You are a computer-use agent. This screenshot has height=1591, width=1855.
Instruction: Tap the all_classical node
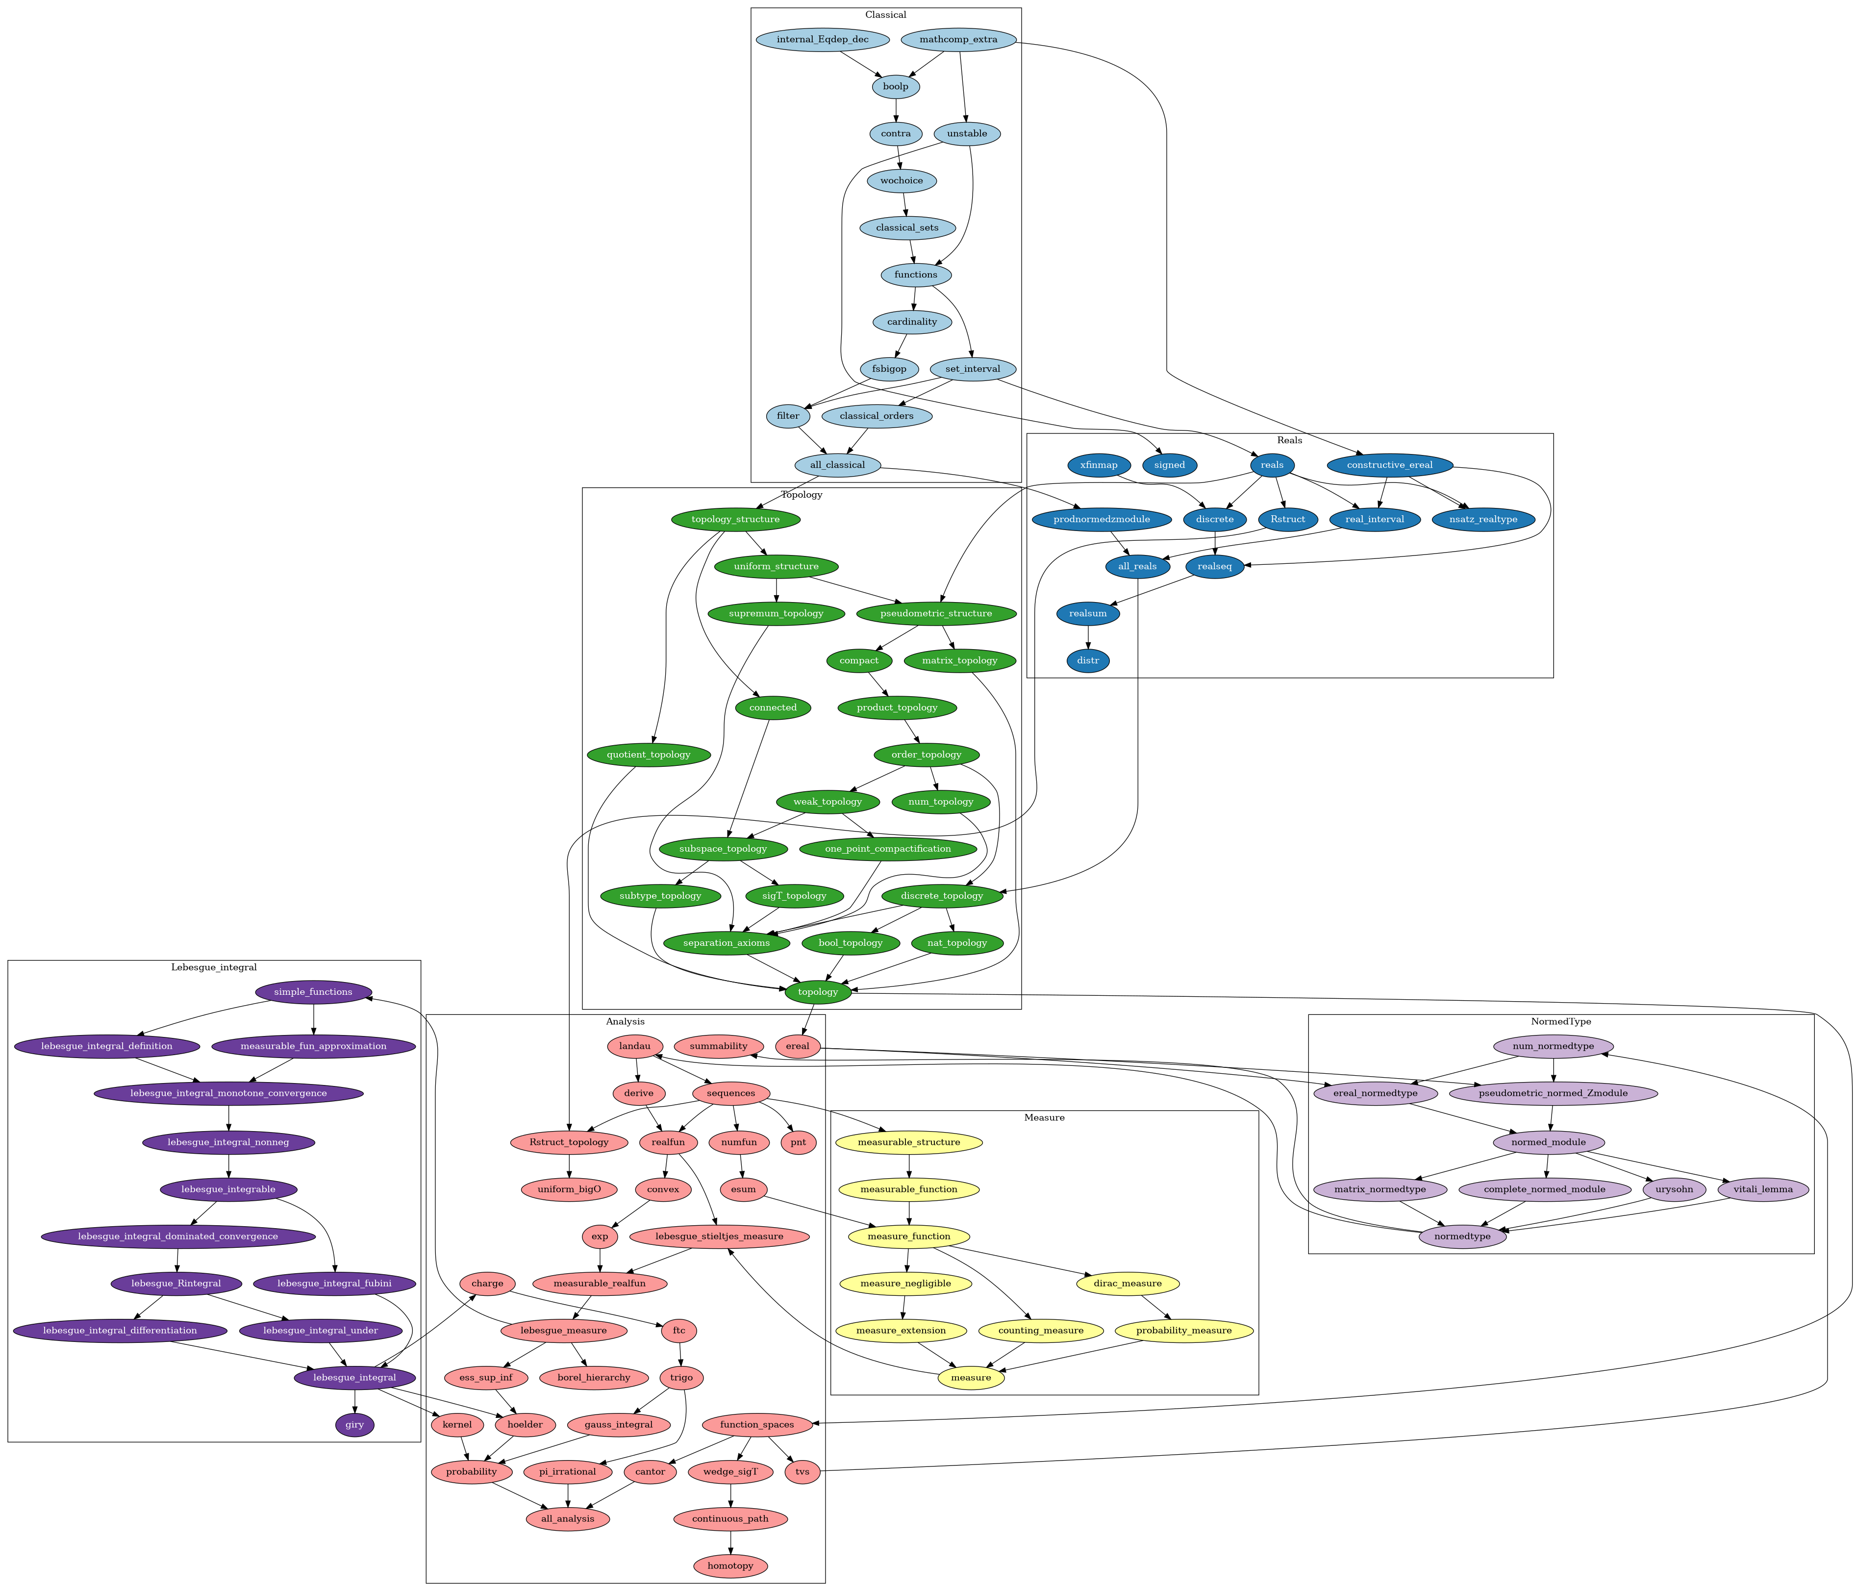click(x=837, y=465)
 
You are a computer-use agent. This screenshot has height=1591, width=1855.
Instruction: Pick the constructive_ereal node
click(x=1389, y=465)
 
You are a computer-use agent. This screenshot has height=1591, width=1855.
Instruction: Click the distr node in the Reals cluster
click(x=1088, y=661)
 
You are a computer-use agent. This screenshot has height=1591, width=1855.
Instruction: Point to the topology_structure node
click(x=735, y=519)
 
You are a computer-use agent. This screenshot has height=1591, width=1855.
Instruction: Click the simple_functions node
click(x=312, y=992)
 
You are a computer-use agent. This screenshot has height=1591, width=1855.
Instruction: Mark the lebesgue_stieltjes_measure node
click(x=720, y=1237)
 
